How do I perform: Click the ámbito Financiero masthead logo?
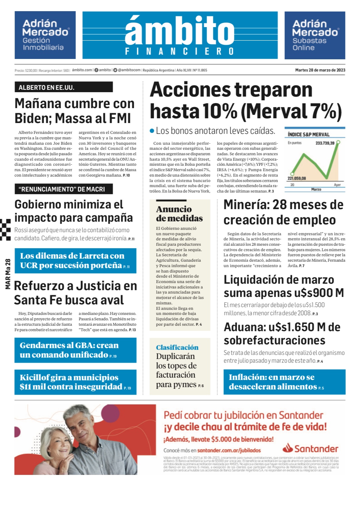click(180, 35)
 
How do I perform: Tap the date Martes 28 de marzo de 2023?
click(320, 70)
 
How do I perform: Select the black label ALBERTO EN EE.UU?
click(63, 87)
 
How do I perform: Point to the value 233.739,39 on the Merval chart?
click(324, 143)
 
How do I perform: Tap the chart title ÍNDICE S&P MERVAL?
click(308, 135)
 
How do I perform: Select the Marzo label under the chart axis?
click(316, 189)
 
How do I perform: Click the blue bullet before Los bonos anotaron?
click(152, 131)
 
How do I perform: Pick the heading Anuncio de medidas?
click(179, 214)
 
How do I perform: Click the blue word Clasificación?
click(177, 347)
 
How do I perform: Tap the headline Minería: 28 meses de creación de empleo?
click(283, 212)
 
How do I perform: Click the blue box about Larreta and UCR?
click(75, 261)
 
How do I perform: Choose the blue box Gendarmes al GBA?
click(75, 350)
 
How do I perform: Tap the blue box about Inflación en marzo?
click(284, 382)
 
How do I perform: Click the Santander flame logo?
click(288, 448)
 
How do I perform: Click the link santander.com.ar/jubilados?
click(229, 451)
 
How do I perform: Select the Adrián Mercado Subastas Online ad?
click(315, 35)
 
